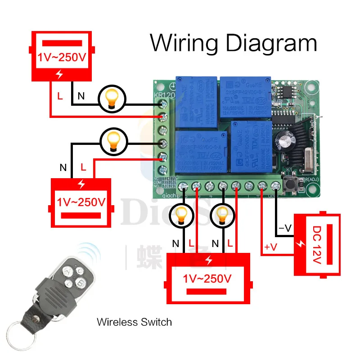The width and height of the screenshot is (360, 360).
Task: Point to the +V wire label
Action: point(271,247)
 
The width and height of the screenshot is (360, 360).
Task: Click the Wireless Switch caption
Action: point(134,322)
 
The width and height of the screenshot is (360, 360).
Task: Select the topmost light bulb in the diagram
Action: point(112,98)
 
